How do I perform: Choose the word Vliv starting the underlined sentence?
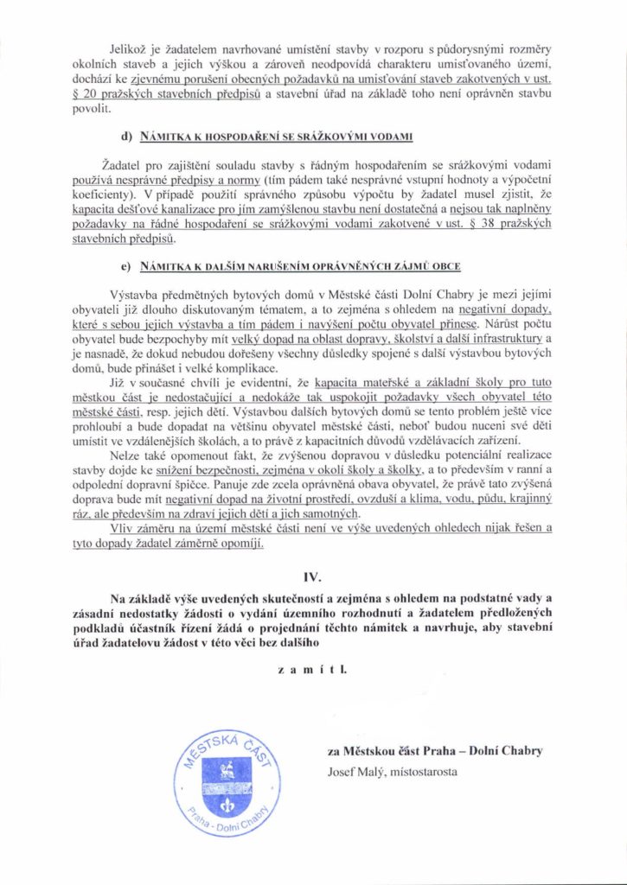pyautogui.click(x=125, y=530)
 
